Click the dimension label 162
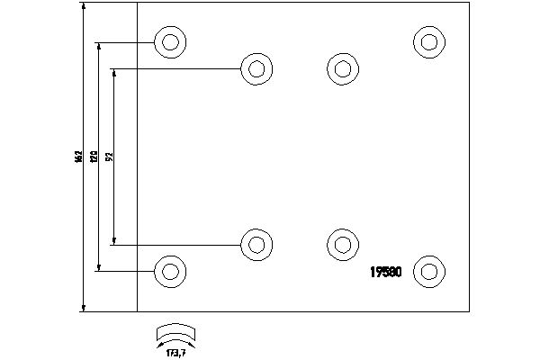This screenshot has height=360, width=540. click(x=79, y=157)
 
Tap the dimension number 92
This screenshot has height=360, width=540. click(x=109, y=157)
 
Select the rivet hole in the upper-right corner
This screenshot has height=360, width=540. click(x=429, y=40)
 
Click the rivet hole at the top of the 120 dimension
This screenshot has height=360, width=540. click(x=169, y=41)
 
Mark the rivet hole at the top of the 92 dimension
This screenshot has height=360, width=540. click(x=256, y=68)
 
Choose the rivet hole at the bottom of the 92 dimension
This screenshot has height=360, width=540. click(x=256, y=243)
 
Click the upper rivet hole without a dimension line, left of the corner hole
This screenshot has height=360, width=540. click(x=341, y=68)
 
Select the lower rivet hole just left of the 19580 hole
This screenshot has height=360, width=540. click(x=341, y=243)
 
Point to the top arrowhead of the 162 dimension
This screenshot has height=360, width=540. click(x=84, y=6)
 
